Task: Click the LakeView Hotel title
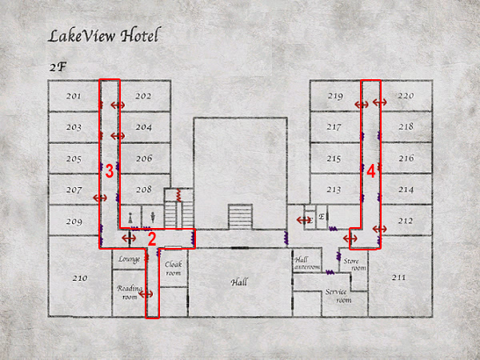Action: (x=104, y=35)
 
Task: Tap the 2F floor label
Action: (x=58, y=67)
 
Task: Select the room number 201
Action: (x=74, y=96)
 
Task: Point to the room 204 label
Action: (x=143, y=127)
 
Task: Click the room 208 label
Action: (x=143, y=190)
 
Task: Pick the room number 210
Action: (x=80, y=278)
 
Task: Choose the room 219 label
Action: (x=335, y=96)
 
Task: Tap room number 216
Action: (x=406, y=158)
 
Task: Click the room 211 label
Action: (x=399, y=278)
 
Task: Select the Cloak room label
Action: (x=174, y=268)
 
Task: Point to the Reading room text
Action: (x=130, y=292)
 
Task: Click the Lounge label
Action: (x=129, y=259)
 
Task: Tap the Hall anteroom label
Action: (x=307, y=263)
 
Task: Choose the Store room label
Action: (x=354, y=265)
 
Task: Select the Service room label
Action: (x=338, y=296)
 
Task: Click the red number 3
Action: (x=110, y=171)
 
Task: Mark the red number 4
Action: (x=371, y=171)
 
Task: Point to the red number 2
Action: (x=152, y=239)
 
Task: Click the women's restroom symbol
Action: (x=130, y=218)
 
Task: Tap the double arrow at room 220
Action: (x=379, y=102)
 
